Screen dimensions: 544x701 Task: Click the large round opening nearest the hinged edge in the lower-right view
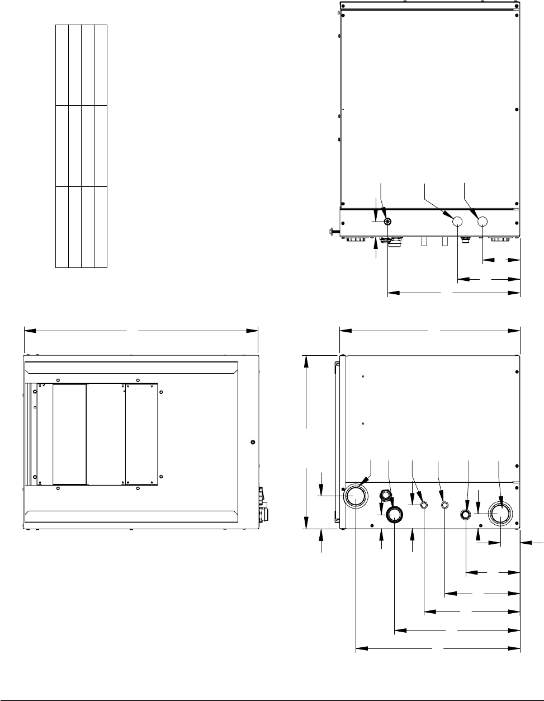click(356, 496)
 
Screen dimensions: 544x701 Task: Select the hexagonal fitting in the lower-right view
click(385, 495)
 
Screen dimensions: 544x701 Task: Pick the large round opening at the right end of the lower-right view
click(500, 513)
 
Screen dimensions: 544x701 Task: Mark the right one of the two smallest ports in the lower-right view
click(444, 505)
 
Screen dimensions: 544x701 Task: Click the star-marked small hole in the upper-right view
click(387, 222)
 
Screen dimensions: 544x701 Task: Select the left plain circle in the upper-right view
click(457, 222)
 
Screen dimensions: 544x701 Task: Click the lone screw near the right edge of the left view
click(253, 442)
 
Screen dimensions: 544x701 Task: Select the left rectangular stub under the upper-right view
click(424, 241)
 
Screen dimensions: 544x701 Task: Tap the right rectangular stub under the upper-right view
click(445, 241)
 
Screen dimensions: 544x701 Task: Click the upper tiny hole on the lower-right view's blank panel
click(363, 377)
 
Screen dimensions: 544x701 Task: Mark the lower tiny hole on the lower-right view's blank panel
click(363, 424)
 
